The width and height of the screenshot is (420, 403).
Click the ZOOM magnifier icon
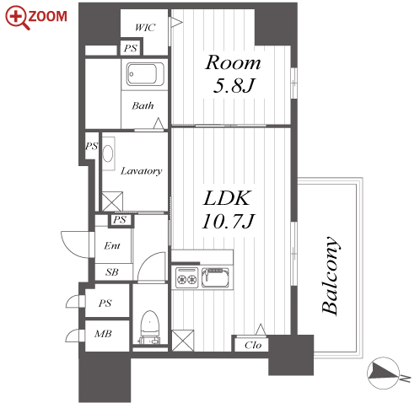point(17,18)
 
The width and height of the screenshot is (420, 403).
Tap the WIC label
point(145,28)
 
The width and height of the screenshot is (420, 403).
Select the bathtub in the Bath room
point(145,74)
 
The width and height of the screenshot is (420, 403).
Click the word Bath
point(143,105)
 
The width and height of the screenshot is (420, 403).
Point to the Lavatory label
point(142,171)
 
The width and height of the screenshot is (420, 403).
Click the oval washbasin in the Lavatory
point(108,153)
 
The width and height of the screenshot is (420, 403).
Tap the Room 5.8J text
point(233,73)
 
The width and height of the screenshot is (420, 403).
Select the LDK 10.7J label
point(228,209)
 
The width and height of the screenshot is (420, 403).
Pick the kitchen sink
point(216,277)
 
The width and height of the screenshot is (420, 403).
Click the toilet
point(150,326)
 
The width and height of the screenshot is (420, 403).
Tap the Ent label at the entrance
point(112,246)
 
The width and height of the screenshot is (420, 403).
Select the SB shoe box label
point(112,272)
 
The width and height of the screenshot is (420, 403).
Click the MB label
point(103,334)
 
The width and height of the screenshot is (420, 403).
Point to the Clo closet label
point(253,345)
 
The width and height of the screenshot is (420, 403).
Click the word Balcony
point(331,275)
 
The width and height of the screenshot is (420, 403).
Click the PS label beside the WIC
point(131,48)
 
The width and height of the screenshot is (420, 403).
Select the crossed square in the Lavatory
point(112,201)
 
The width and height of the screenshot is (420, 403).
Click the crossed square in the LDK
point(183,341)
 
